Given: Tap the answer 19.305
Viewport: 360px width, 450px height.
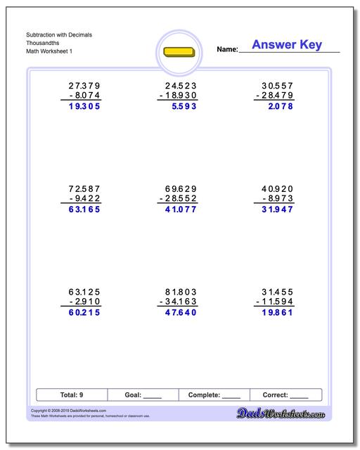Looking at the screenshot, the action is (x=81, y=107).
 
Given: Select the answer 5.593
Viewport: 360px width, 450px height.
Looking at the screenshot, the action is (x=181, y=107).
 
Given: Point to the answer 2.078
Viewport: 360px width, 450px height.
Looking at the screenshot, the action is (x=278, y=107).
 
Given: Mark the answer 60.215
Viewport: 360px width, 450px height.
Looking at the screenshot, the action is (x=81, y=312).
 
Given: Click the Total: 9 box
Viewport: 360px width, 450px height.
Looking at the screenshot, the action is (x=72, y=395).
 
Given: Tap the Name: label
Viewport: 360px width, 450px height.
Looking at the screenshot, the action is (x=227, y=50).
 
